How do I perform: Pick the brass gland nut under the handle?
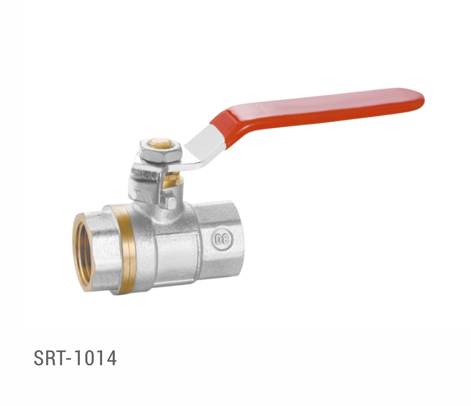click(x=173, y=179)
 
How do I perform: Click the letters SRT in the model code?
click(x=48, y=358)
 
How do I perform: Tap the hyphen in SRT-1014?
click(x=68, y=359)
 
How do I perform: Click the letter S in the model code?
click(x=38, y=358)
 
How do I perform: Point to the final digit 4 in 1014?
click(x=111, y=358)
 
